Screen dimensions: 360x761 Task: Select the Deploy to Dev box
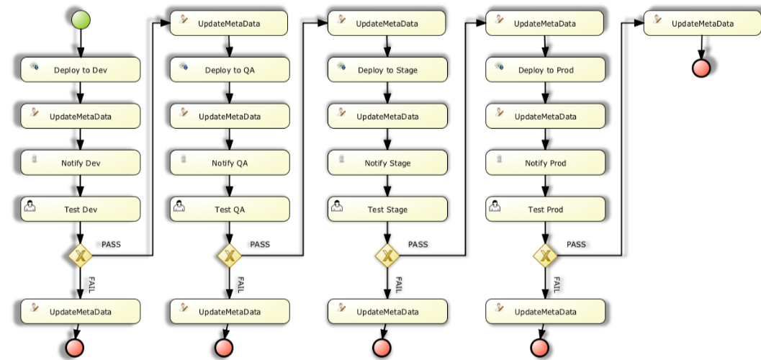coord(80,70)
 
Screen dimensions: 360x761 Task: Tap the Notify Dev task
coord(80,163)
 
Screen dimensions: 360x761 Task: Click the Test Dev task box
coord(80,210)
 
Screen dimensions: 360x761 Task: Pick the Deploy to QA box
coord(230,70)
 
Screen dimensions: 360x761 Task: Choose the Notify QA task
coord(230,163)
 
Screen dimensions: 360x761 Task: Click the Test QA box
coord(230,210)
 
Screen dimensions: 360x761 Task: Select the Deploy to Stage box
coord(387,70)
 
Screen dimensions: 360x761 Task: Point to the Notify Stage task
coord(387,163)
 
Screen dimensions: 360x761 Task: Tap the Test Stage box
coord(387,210)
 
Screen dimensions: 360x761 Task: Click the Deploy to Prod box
coord(545,70)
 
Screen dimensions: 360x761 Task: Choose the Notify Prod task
coord(545,163)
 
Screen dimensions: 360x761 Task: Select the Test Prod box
coord(545,210)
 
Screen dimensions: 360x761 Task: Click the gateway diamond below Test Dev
coord(80,255)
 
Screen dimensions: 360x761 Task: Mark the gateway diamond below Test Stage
coord(387,255)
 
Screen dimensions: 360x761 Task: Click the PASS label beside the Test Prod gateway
coord(576,245)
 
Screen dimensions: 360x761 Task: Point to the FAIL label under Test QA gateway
coord(241,284)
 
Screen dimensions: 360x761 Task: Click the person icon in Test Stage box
coord(336,207)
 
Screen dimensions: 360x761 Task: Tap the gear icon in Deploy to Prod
coord(494,66)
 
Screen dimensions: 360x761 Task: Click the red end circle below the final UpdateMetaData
coord(701,68)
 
